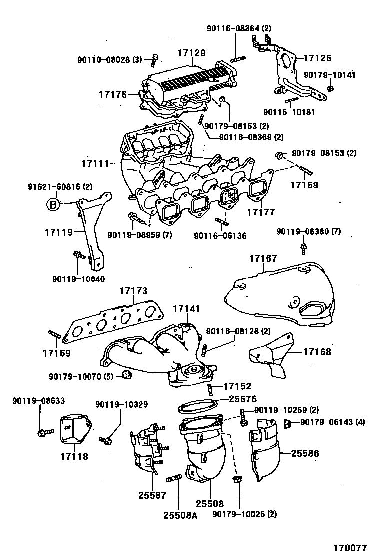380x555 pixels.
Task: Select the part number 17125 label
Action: tap(318, 58)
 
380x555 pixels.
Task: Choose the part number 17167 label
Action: tap(263, 258)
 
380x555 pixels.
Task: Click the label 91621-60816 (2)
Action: tap(60, 187)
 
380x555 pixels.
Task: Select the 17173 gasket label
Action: tap(133, 290)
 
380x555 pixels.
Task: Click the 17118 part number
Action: tap(74, 456)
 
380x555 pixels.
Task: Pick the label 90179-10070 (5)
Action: tap(81, 376)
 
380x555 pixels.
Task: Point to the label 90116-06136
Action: tap(220, 235)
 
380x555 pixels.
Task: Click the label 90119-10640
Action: tap(78, 278)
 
